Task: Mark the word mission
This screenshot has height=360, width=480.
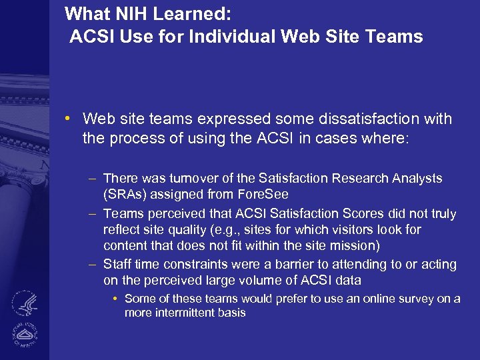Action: (355, 246)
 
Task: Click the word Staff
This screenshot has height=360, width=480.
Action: (118, 265)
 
